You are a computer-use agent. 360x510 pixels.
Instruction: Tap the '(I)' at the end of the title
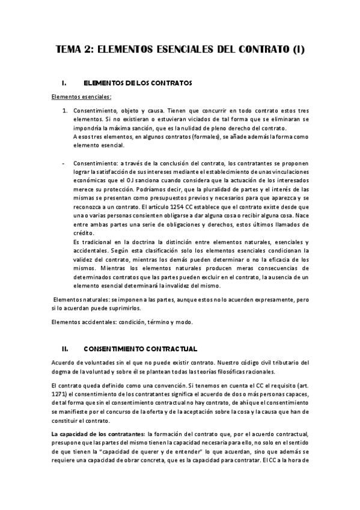pyautogui.click(x=297, y=51)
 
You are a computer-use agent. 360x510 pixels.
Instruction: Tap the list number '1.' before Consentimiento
pyautogui.click(x=66, y=111)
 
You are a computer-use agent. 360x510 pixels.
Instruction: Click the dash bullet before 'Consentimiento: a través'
pyautogui.click(x=63, y=162)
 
